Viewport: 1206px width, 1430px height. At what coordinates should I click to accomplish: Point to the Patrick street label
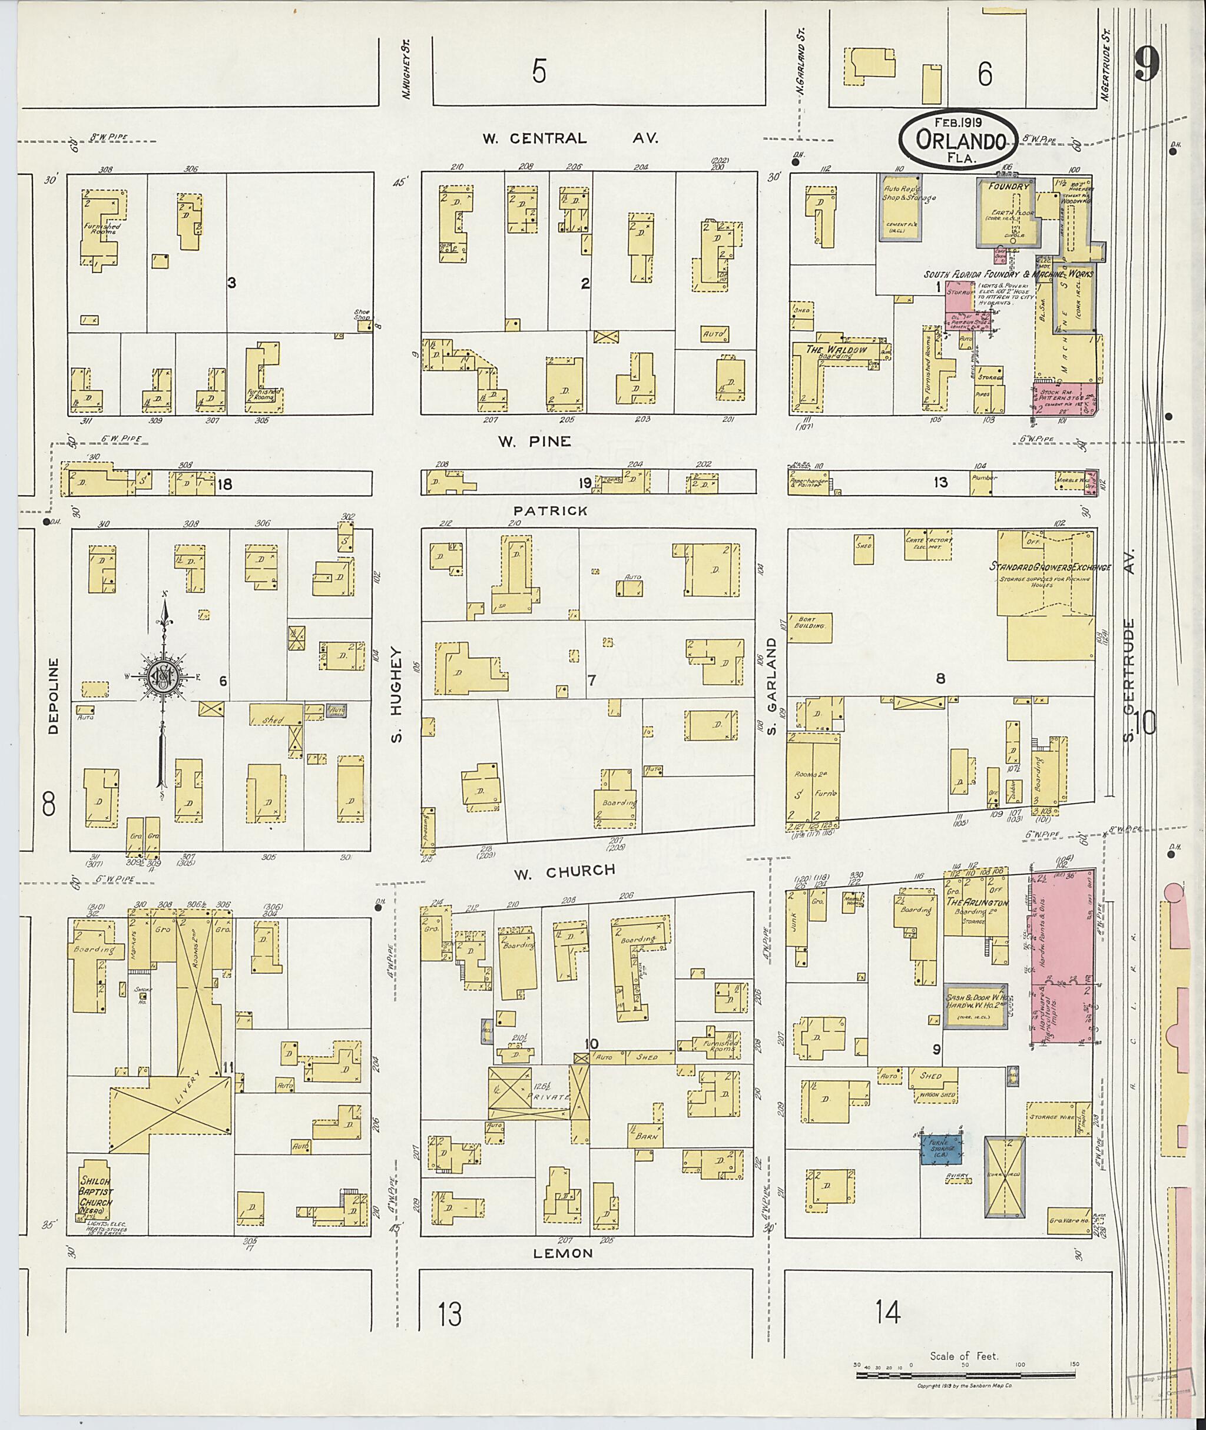pyautogui.click(x=551, y=510)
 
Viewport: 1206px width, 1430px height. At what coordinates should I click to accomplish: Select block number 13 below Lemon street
pyautogui.click(x=450, y=1315)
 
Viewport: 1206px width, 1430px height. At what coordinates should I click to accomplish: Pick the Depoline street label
pyautogui.click(x=54, y=695)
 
